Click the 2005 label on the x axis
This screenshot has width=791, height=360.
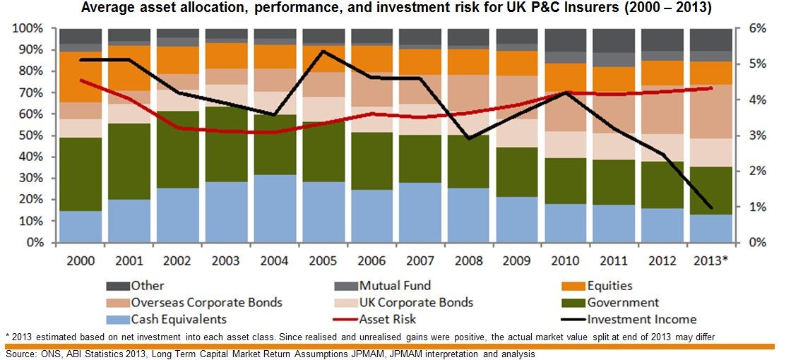tap(323, 260)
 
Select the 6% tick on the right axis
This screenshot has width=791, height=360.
tap(757, 28)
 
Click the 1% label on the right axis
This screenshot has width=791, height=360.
tap(757, 207)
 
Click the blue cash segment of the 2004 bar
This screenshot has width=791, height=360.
tap(275, 208)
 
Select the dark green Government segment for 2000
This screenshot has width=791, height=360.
tap(81, 174)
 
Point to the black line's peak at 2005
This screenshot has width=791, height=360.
tap(323, 51)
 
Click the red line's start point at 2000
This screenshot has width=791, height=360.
tap(81, 80)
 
